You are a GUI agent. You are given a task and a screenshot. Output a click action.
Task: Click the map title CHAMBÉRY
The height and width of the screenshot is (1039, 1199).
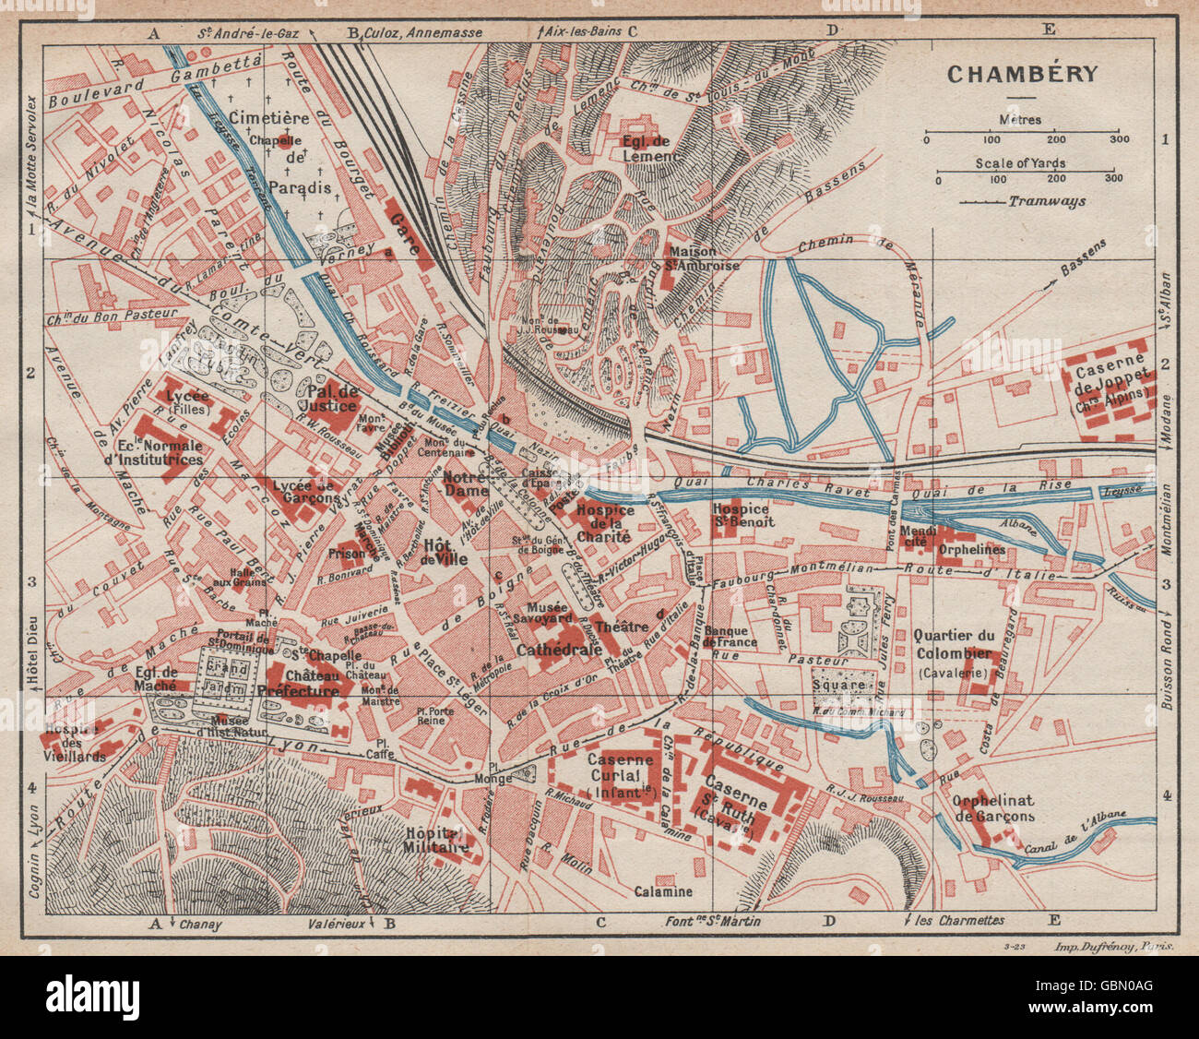1022,74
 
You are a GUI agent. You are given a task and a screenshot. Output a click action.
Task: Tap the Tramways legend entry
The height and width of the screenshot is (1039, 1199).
1046,201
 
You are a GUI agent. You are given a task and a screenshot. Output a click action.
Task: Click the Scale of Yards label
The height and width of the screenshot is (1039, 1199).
1024,163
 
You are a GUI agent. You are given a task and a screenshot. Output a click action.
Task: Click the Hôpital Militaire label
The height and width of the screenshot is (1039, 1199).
438,839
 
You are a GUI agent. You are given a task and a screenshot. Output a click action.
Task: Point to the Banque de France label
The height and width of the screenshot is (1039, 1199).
729,637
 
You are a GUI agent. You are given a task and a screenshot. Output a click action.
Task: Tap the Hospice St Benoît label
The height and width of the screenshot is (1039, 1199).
742,515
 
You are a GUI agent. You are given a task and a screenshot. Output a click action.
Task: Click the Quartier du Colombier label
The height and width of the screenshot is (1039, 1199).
954,645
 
